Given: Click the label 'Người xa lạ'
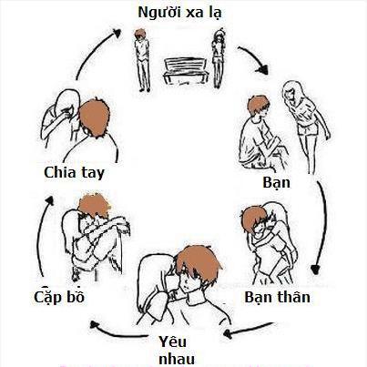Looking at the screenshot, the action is pyautogui.click(x=179, y=13).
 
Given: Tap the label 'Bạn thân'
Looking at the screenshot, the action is pyautogui.click(x=277, y=297).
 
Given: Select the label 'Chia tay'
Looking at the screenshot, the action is pyautogui.click(x=74, y=173).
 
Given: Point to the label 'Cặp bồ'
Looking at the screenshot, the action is pyautogui.click(x=59, y=296).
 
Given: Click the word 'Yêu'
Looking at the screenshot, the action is pyautogui.click(x=173, y=342).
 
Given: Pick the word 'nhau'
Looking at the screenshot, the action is pyautogui.click(x=177, y=359).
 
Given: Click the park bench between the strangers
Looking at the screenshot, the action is pyautogui.click(x=185, y=71).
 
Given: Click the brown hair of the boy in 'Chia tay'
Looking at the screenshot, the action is pyautogui.click(x=94, y=117).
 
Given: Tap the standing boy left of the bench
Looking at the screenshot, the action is pyautogui.click(x=142, y=60).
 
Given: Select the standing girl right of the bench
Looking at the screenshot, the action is pyautogui.click(x=218, y=58).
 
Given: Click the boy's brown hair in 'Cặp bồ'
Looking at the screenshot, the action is pyautogui.click(x=94, y=205).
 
